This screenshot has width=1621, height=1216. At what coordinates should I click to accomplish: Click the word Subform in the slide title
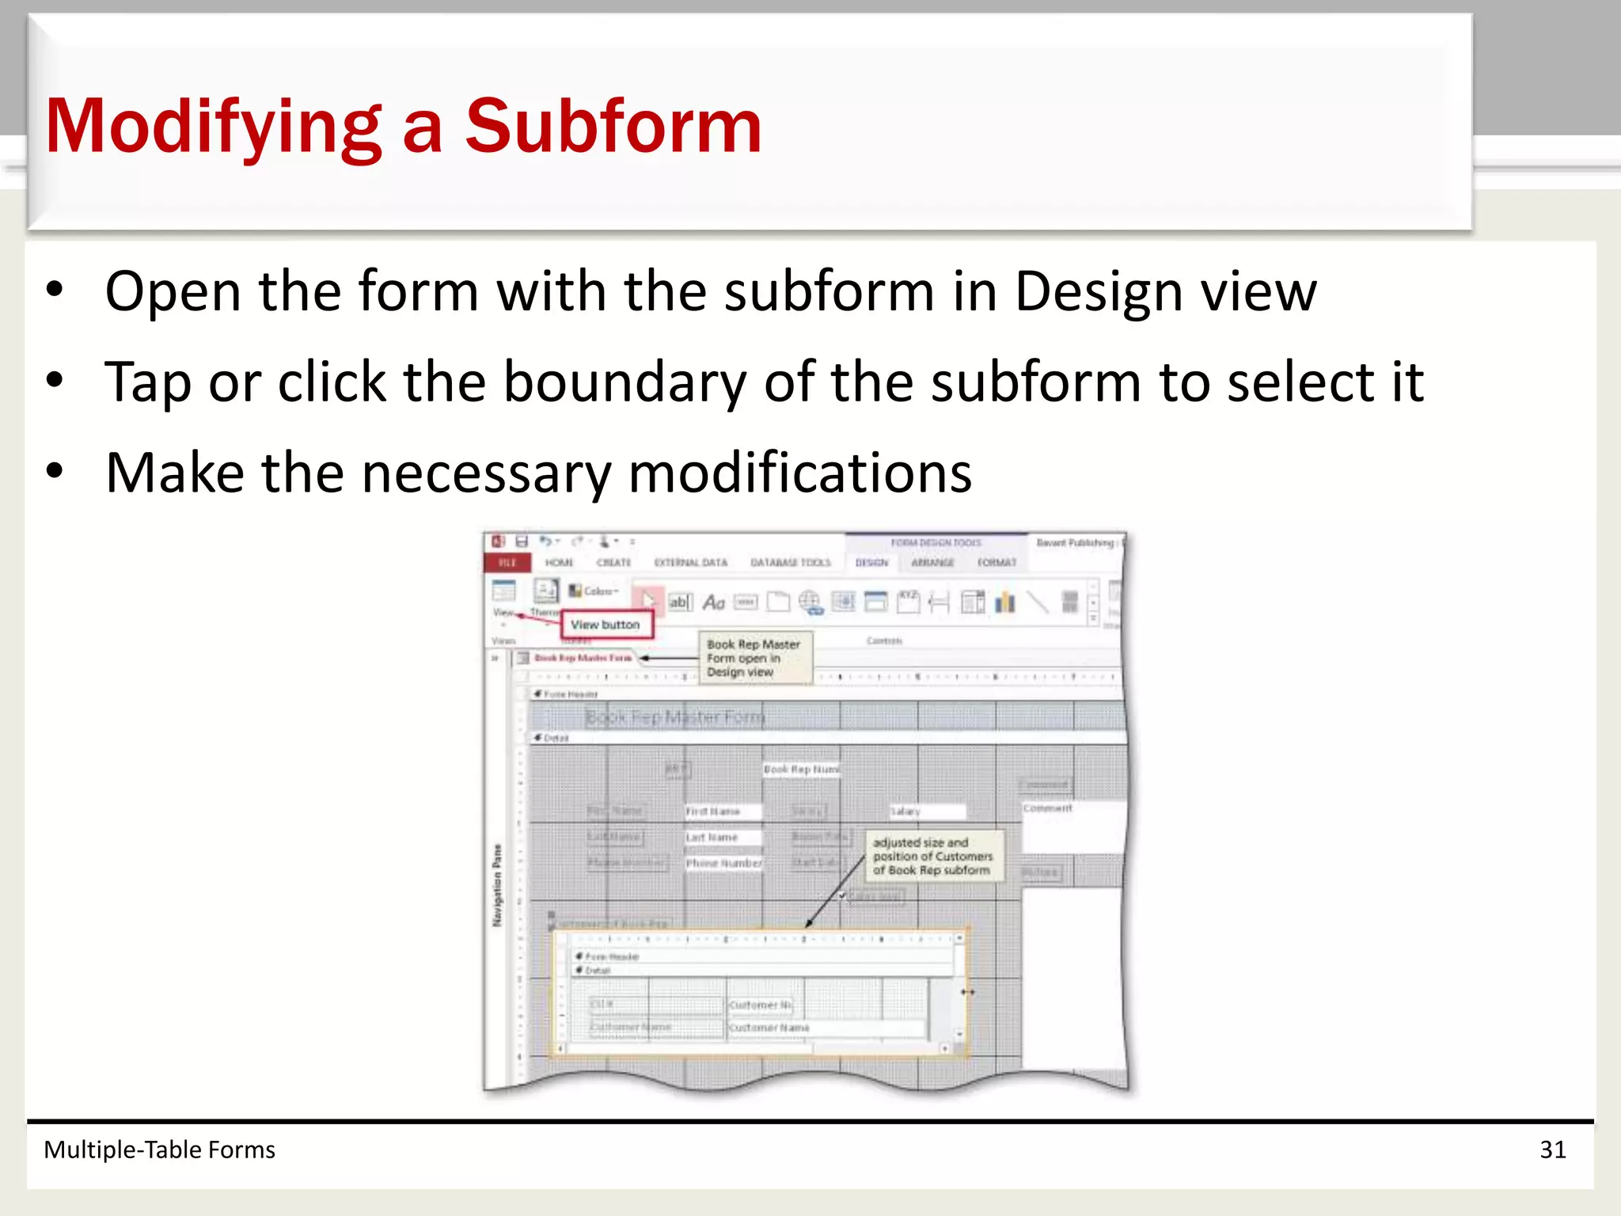(613, 127)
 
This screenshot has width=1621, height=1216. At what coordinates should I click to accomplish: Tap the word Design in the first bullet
(1098, 292)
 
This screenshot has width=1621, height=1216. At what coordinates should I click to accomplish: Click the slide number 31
(1552, 1149)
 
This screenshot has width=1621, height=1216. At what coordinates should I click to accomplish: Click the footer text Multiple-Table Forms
(159, 1149)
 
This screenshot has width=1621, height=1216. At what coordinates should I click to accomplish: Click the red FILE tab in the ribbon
(507, 562)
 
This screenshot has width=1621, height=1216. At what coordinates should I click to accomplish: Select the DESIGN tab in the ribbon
(871, 562)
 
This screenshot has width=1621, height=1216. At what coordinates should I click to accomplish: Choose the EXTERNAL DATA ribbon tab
(690, 562)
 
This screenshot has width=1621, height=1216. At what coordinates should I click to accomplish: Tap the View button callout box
(606, 625)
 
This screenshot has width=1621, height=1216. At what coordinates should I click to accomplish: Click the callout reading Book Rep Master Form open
(754, 658)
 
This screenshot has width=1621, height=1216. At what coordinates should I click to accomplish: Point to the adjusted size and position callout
(932, 857)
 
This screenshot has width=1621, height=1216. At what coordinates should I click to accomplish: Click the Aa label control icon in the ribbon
(714, 602)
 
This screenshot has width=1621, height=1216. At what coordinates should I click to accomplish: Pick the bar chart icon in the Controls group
(1005, 602)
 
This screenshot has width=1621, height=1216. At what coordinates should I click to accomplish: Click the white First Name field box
(723, 811)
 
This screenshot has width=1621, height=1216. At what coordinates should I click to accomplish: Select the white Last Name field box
(723, 837)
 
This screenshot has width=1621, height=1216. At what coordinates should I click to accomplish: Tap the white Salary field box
(927, 811)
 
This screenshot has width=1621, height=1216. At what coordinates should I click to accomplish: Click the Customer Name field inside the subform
(823, 1028)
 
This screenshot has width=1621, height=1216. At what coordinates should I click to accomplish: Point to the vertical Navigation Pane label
(497, 885)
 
